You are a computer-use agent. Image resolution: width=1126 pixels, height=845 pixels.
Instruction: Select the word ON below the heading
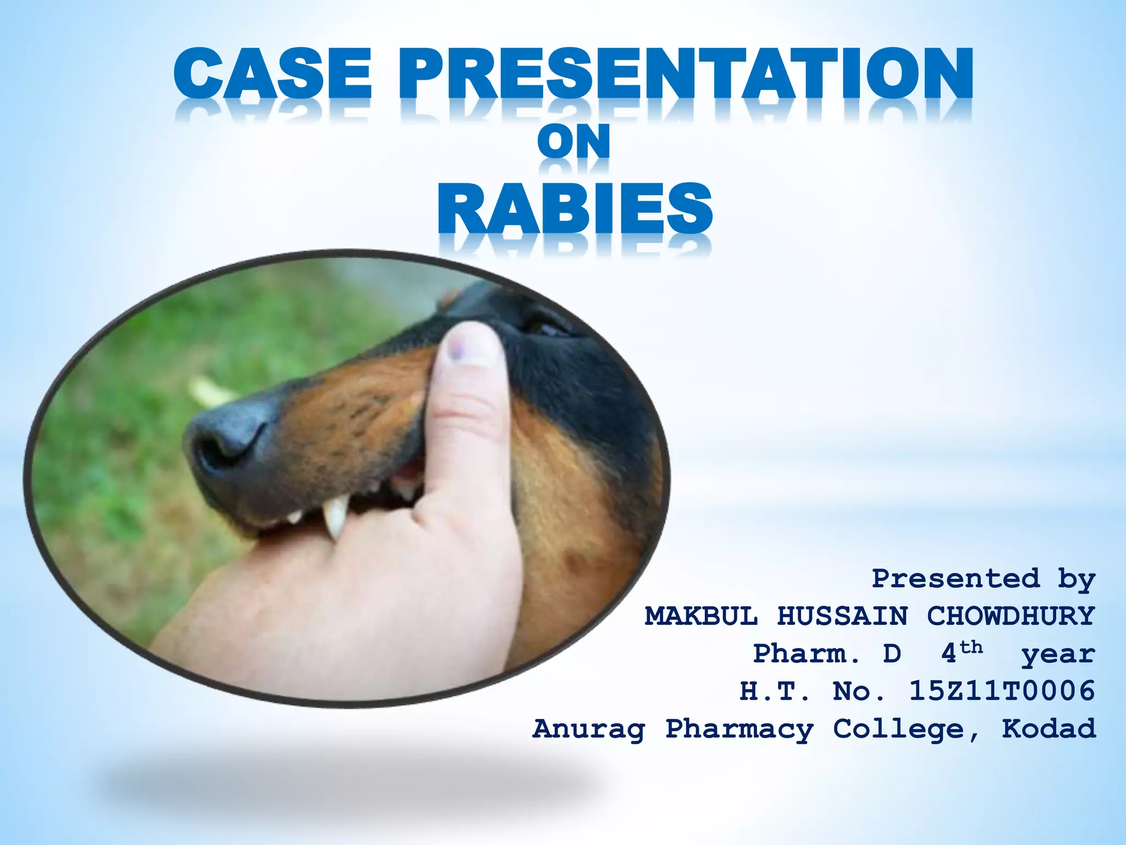[x=573, y=141]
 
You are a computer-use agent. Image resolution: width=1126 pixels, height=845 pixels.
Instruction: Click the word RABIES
[x=575, y=209]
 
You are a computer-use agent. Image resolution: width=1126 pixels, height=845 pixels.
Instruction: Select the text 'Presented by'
[x=983, y=579]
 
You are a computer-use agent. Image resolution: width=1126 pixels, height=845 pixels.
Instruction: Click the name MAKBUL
[x=702, y=616]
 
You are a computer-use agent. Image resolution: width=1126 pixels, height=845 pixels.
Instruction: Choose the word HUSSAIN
[x=842, y=616]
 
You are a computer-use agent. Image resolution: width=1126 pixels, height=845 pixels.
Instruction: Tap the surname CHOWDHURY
[x=1011, y=616]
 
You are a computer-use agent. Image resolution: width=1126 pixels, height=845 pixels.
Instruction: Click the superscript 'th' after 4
[x=972, y=647]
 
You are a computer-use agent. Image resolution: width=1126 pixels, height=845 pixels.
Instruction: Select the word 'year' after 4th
[x=1058, y=654]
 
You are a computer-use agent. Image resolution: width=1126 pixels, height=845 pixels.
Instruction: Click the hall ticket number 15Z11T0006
[x=1002, y=691]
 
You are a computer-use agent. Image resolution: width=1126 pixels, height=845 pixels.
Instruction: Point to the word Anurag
[x=589, y=729]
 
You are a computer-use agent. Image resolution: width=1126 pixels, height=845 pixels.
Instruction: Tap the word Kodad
[x=1048, y=728]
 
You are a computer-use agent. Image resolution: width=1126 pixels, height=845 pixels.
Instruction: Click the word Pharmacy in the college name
[x=739, y=729]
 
